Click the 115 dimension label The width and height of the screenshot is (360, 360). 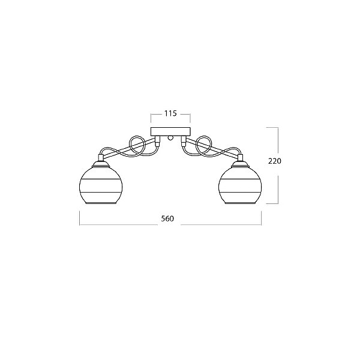pyautogui.click(x=170, y=113)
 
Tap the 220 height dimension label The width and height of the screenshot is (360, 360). pyautogui.click(x=275, y=161)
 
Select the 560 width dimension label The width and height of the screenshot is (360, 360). pyautogui.click(x=167, y=218)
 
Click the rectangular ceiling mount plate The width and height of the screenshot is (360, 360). pyautogui.click(x=170, y=131)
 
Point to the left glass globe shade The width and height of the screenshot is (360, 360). pyautogui.click(x=101, y=185)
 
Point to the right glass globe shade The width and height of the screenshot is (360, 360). pyautogui.click(x=240, y=185)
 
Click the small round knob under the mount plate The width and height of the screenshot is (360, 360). pyautogui.click(x=170, y=138)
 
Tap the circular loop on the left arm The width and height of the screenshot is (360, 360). pyautogui.click(x=137, y=146)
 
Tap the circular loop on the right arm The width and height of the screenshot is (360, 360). pyautogui.click(x=205, y=146)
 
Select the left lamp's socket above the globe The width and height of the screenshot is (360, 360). pyautogui.click(x=101, y=157)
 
